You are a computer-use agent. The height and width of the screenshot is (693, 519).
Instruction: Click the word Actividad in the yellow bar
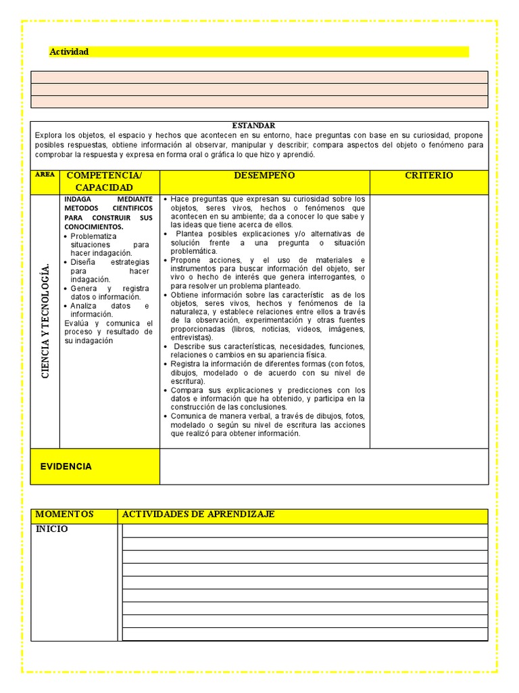click(x=69, y=52)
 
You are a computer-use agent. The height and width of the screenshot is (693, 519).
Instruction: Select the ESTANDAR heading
click(x=253, y=126)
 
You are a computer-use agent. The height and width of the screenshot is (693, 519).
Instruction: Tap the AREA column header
click(x=45, y=175)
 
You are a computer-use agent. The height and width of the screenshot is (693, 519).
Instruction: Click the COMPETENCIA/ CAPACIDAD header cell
click(x=109, y=181)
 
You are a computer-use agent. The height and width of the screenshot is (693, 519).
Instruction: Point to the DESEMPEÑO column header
click(x=264, y=176)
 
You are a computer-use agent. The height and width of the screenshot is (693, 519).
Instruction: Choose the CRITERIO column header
click(x=428, y=176)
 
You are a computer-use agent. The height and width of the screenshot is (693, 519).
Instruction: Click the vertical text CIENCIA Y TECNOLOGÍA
click(x=45, y=321)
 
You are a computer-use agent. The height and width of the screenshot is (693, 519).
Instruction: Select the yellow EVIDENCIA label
click(x=66, y=466)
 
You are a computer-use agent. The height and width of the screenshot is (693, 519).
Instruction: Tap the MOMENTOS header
click(x=64, y=515)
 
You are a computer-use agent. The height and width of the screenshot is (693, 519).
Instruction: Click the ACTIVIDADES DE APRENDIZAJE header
click(x=198, y=515)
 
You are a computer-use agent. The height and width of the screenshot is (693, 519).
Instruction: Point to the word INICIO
click(x=52, y=529)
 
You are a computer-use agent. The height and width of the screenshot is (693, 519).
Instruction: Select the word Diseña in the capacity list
click(x=85, y=262)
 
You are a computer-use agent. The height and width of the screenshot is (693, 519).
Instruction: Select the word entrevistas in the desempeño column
click(x=191, y=337)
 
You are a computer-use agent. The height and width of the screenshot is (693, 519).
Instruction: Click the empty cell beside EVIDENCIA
click(x=324, y=466)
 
